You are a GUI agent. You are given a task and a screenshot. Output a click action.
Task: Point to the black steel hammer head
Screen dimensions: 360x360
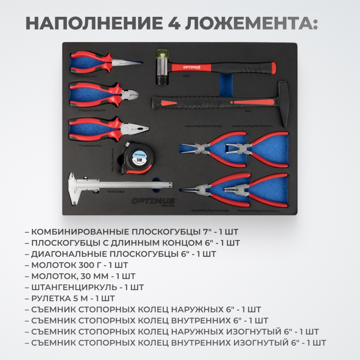point(283,104)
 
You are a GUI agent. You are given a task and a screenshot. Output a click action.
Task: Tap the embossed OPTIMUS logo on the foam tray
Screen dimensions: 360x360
point(153,200)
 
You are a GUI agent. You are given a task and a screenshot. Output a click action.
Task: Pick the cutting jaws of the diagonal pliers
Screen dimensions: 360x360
point(131,94)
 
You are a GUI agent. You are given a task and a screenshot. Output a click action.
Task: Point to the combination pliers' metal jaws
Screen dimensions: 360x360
point(136,129)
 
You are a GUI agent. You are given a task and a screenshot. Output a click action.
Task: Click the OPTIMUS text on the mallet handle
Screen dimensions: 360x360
point(192,67)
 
